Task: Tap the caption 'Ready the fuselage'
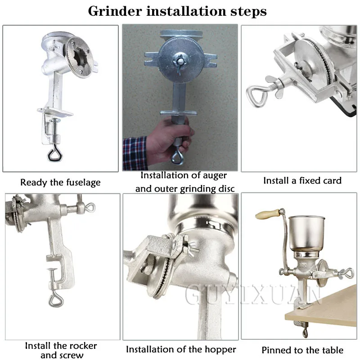pyautogui.click(x=60, y=182)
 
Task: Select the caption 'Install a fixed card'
pyautogui.click(x=302, y=180)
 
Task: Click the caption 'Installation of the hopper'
pyautogui.click(x=181, y=349)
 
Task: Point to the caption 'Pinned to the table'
pyautogui.click(x=302, y=350)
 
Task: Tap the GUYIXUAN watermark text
pyautogui.click(x=252, y=297)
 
